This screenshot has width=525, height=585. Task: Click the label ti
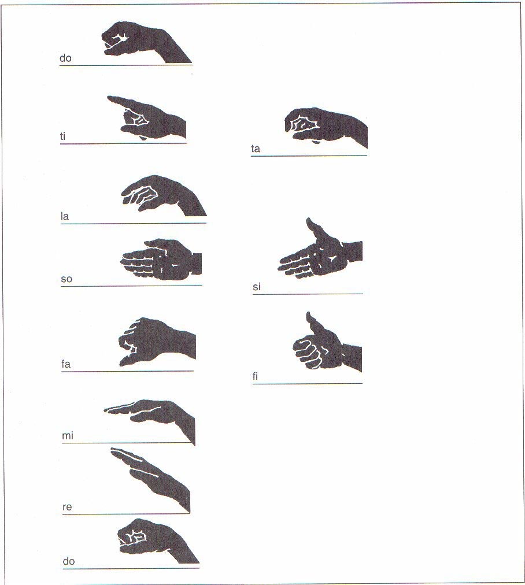tap(62, 136)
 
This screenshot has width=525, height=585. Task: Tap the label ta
tap(255, 149)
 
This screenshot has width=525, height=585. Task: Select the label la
tap(65, 216)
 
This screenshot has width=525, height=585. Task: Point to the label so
tap(66, 279)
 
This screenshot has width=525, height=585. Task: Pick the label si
tap(257, 287)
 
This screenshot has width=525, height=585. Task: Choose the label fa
tap(66, 364)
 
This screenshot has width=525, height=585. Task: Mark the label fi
tap(255, 376)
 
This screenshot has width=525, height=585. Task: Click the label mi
tap(68, 435)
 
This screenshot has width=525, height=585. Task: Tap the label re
tap(67, 508)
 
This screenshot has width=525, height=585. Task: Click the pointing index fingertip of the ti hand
tap(109, 98)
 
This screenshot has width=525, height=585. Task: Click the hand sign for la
tap(164, 195)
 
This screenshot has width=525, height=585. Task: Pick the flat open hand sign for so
tap(161, 260)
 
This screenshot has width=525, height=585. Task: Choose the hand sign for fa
tap(157, 342)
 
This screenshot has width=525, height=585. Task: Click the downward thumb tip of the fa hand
tap(123, 362)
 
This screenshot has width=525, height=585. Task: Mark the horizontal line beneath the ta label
tap(309, 155)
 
